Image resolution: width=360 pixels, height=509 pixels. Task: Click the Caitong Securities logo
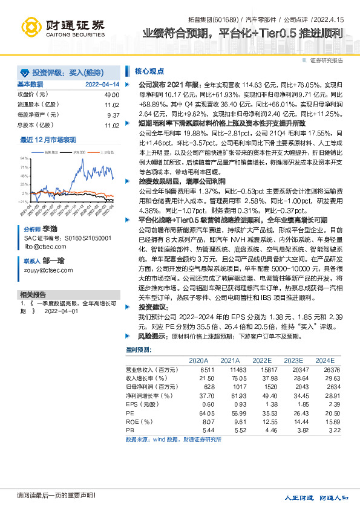[x=61, y=27]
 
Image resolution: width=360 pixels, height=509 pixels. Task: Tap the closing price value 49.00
[x=111, y=95]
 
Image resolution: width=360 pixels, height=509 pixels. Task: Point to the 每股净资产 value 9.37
[x=113, y=115]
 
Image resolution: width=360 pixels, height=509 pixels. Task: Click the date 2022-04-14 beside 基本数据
[x=102, y=85]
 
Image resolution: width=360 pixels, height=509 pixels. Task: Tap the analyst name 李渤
[x=50, y=230]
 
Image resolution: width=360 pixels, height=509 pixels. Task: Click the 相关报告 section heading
[x=30, y=294]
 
